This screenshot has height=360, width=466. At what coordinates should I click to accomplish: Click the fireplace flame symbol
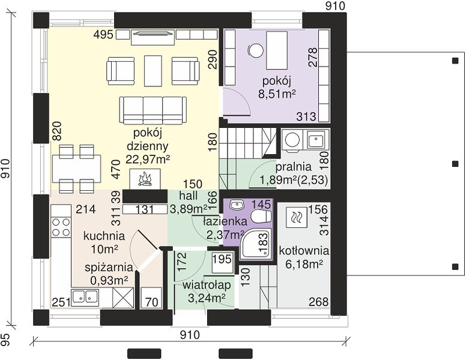[x=145, y=179]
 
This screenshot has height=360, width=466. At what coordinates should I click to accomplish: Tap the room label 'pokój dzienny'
[x=147, y=140]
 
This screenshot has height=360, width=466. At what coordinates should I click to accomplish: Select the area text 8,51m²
[x=277, y=94]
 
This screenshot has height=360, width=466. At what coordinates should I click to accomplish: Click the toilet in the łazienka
[x=262, y=216]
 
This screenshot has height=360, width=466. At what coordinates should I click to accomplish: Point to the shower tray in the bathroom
[x=256, y=244]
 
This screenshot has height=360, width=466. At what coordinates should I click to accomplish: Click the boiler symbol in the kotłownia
[x=296, y=216]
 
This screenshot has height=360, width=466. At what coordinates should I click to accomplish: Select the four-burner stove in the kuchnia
[x=61, y=227]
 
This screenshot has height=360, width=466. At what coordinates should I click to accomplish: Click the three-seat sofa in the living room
[x=153, y=110]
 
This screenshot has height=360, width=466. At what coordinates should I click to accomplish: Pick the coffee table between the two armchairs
[x=153, y=70]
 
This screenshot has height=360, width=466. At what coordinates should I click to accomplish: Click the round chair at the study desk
[x=256, y=50]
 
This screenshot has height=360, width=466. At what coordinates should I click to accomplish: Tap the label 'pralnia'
[x=293, y=167]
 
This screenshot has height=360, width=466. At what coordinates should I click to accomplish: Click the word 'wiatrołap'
[x=207, y=285]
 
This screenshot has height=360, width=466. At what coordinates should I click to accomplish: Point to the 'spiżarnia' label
[x=109, y=268]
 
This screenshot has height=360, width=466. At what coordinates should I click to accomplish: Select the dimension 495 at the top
[x=103, y=35]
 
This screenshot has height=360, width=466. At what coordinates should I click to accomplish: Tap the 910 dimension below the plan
[x=190, y=335]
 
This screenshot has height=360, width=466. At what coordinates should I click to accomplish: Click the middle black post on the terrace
[x=455, y=164]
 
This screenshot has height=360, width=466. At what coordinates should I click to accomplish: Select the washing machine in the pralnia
[x=292, y=139]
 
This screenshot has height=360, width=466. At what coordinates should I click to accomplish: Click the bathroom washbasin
[x=237, y=205]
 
